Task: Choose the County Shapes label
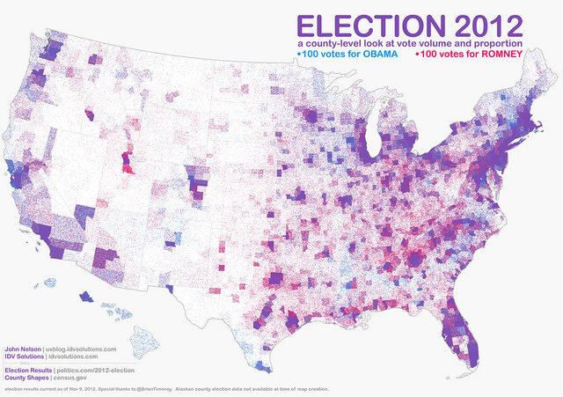click(24, 378)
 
